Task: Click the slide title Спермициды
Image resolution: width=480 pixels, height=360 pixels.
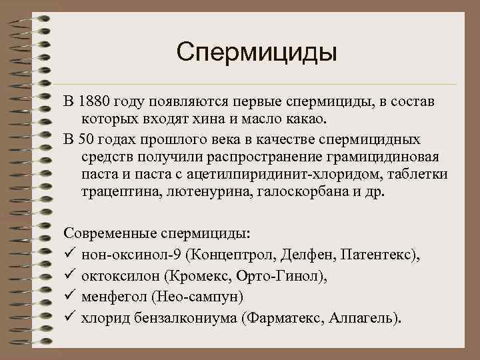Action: tap(257, 52)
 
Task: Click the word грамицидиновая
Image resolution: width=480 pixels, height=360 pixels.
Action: tap(389, 157)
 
